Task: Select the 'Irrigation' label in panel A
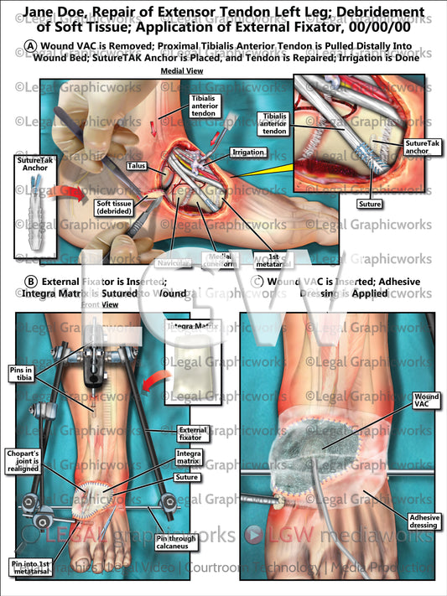(x=249, y=153)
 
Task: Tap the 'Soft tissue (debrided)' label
(x=117, y=207)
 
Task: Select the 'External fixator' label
(x=193, y=433)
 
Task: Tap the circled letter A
(x=30, y=45)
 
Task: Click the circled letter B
(x=30, y=282)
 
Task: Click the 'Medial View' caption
(x=178, y=72)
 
